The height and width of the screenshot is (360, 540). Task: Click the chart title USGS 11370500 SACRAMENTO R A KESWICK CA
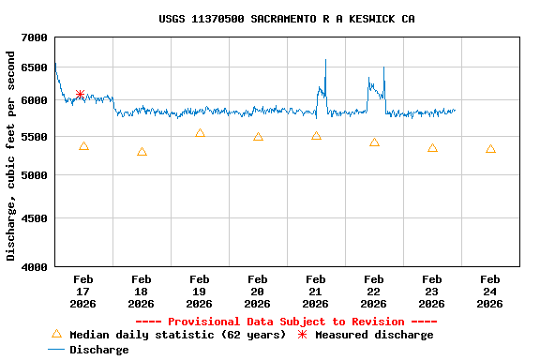coord(287,19)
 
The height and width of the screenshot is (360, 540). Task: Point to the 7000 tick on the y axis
coord(35,37)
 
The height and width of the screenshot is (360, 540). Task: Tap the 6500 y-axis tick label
coord(35,67)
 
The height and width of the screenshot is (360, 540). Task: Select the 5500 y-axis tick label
coord(35,137)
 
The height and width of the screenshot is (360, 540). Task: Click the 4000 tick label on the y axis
coord(35,267)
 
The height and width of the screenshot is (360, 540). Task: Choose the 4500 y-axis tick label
coord(35,218)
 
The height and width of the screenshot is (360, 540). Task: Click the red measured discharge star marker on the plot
coord(81,94)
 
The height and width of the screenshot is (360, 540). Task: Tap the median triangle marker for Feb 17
coord(83,146)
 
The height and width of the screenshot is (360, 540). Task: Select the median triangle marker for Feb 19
coord(200,133)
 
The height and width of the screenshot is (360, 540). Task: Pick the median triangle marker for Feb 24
coord(490,149)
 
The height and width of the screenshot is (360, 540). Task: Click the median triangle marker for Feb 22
coord(374,142)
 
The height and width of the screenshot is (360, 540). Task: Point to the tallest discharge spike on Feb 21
coord(325,61)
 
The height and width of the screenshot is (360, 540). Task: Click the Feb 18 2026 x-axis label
coord(141,291)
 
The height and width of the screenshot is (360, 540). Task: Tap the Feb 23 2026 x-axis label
coord(431,291)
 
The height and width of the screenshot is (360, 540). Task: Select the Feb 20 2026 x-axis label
coord(257,291)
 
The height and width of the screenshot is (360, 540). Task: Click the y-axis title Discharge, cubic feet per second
coord(11,156)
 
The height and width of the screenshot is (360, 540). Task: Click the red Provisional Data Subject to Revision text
coord(286,322)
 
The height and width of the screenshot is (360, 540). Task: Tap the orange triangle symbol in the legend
coord(56,334)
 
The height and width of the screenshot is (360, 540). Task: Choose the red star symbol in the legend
coord(302,335)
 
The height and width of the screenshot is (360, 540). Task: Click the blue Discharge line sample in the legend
coord(56,350)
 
